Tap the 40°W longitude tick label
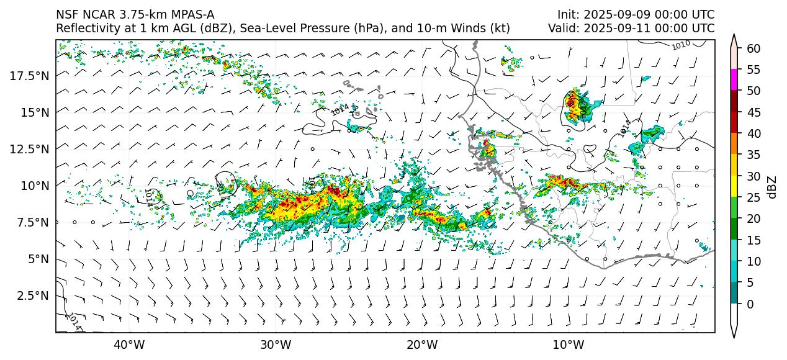click(129, 345)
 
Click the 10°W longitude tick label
click(568, 345)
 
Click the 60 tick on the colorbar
click(753, 48)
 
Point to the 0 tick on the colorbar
click(750, 304)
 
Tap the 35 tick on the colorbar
click(753, 155)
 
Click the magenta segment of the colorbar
click(734, 80)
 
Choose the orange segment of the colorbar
click(734, 144)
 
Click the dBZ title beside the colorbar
click(772, 186)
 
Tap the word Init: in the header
click(569, 14)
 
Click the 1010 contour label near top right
click(681, 45)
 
